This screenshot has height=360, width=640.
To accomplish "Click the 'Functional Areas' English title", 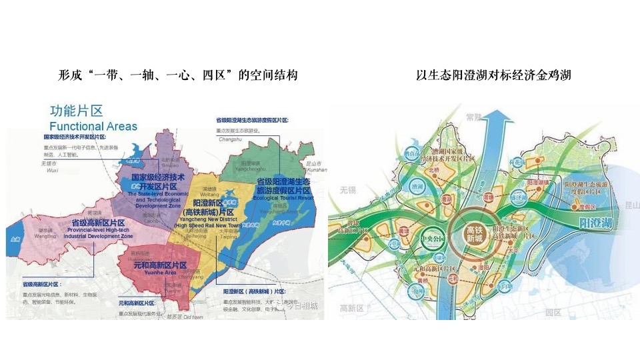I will pyautogui.click(x=93, y=126).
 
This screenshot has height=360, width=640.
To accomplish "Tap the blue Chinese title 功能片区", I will pyautogui.click(x=75, y=111).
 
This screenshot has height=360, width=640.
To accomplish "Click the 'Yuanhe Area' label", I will pyautogui.click(x=156, y=272).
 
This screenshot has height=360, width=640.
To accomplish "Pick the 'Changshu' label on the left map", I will pyautogui.click(x=229, y=139).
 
